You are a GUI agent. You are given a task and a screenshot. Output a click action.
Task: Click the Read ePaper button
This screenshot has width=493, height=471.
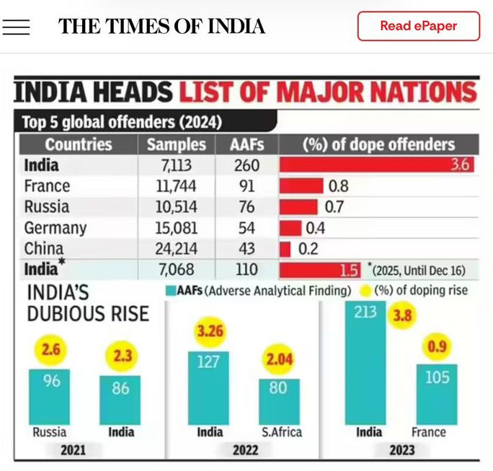(x=418, y=26)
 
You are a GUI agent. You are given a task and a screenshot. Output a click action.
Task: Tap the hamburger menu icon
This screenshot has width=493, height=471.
(x=16, y=27)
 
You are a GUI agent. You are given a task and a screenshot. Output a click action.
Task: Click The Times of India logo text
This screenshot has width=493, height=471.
(x=161, y=27)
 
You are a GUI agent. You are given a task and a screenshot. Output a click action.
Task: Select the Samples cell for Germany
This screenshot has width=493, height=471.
(x=176, y=228)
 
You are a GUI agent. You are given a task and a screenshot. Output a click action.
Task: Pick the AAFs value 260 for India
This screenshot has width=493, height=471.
(x=246, y=165)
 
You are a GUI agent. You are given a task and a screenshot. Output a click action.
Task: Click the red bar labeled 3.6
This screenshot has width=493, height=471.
(x=376, y=165)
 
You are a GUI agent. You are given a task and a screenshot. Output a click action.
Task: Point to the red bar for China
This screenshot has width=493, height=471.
(x=285, y=249)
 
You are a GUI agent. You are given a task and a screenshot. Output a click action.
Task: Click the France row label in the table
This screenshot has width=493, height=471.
(x=47, y=186)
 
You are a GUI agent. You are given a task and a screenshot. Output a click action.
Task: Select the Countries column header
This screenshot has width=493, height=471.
(x=79, y=144)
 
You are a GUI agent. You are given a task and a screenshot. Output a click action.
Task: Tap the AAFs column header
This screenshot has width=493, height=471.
(x=246, y=144)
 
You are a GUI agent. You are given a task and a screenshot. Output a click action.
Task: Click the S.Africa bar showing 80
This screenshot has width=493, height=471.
(x=279, y=401)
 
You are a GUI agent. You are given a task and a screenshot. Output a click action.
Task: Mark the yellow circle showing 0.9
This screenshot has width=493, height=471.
(x=437, y=347)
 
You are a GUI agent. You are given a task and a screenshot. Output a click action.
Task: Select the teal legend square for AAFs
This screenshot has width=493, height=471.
(x=170, y=291)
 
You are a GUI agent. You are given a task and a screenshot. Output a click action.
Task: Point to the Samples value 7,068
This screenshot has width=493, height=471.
(x=176, y=270)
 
